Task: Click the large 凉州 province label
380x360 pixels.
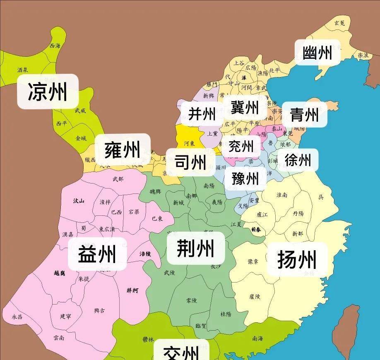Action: pyautogui.click(x=48, y=91)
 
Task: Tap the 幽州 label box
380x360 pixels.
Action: pyautogui.click(x=317, y=53)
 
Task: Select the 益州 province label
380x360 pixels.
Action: pyautogui.click(x=97, y=254)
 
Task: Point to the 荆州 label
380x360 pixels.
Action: pyautogui.click(x=195, y=248)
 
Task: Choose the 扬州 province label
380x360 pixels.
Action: pyautogui.click(x=297, y=259)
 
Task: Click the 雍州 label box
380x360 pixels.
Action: pyautogui.click(x=123, y=150)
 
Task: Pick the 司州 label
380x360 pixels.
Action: pyautogui.click(x=190, y=162)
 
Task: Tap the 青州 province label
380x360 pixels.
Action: pyautogui.click(x=304, y=114)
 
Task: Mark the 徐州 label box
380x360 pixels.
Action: pyautogui.click(x=298, y=159)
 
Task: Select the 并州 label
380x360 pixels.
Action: pyautogui.click(x=202, y=114)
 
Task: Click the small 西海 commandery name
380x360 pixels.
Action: pyautogui.click(x=55, y=46)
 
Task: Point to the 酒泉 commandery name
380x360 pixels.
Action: pyautogui.click(x=23, y=70)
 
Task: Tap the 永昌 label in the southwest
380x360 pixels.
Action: pyautogui.click(x=17, y=317)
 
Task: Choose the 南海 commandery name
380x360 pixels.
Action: pyautogui.click(x=257, y=338)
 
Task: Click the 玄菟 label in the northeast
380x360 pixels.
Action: pyautogui.click(x=339, y=23)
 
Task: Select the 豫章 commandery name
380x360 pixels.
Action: pyautogui.click(x=253, y=261)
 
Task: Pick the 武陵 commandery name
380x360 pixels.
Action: pyautogui.click(x=170, y=273)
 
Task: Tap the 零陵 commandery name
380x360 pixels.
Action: pyautogui.click(x=192, y=300)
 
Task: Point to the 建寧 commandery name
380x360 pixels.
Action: pyautogui.click(x=66, y=316)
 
